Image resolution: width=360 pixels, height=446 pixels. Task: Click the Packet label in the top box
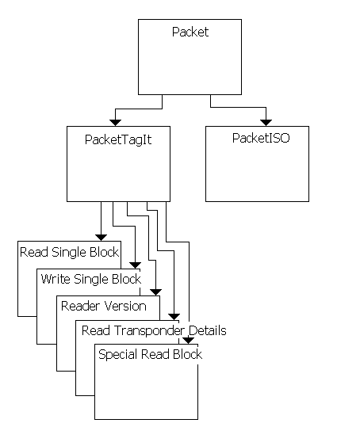click(x=190, y=32)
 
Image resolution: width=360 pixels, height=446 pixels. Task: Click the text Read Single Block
click(x=69, y=253)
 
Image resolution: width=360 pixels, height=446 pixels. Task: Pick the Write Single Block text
click(x=90, y=279)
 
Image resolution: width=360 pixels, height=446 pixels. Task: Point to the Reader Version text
click(x=104, y=305)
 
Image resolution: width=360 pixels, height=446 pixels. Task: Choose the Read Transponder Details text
click(x=154, y=330)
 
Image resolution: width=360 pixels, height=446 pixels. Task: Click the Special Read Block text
click(x=150, y=354)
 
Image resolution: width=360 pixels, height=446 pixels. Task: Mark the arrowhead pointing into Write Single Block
click(x=134, y=264)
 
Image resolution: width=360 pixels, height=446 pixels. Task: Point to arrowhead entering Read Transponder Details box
click(x=173, y=316)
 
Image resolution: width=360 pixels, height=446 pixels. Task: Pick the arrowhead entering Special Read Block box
click(x=189, y=340)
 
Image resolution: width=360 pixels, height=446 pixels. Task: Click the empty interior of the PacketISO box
click(x=257, y=174)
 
